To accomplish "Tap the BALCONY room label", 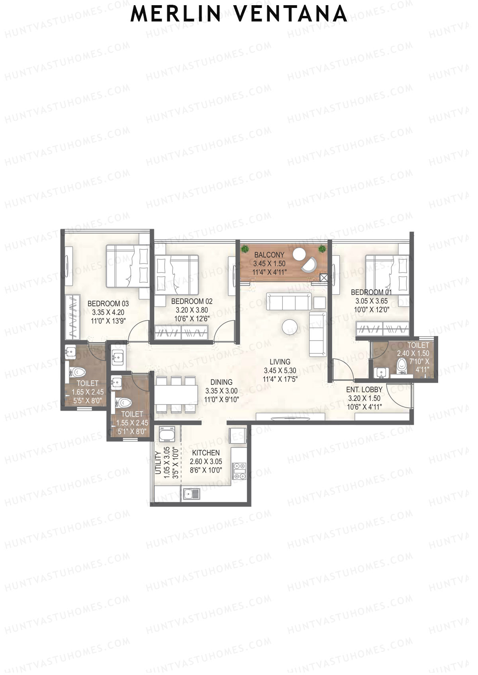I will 269,255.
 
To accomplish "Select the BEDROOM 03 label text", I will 108,303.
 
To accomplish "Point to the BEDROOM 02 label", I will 192,301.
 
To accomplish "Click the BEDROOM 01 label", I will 371,292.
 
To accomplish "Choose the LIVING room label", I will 280,362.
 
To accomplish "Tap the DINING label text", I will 221,382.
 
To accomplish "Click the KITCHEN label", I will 206,453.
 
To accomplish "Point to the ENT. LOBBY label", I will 364,389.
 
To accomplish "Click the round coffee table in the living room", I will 289,327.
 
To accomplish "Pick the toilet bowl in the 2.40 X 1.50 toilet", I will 402,365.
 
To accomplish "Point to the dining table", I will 176,394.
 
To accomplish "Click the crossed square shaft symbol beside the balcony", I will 324,278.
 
